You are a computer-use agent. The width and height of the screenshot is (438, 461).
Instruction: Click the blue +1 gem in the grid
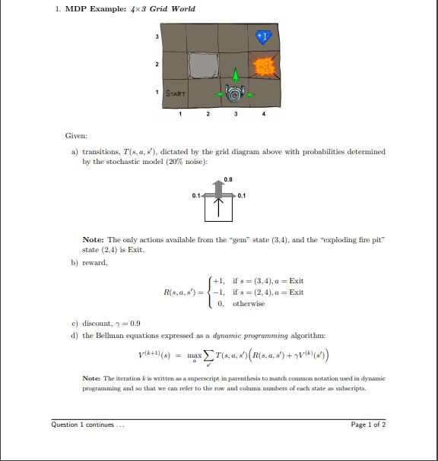[263, 36]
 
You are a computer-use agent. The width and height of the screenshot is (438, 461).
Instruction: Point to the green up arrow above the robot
[236, 74]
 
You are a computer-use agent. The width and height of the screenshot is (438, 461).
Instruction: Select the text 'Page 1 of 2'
[368, 425]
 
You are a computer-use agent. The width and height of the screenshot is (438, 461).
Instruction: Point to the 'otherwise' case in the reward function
[249, 303]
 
